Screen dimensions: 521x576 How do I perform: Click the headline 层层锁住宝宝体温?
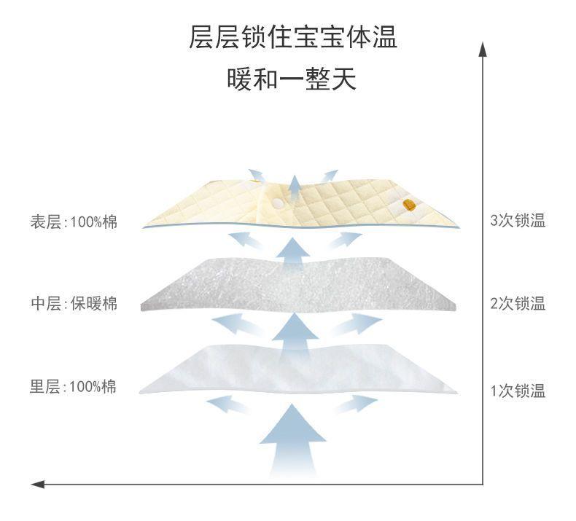pyautogui.click(x=292, y=37)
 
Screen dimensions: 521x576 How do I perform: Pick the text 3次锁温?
pyautogui.click(x=518, y=221)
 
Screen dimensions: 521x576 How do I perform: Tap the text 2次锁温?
pyautogui.click(x=518, y=304)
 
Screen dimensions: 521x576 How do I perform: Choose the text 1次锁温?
pyautogui.click(x=518, y=391)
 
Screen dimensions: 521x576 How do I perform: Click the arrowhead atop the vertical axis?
pyautogui.click(x=482, y=48)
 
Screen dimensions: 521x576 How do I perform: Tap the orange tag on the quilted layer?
pyautogui.click(x=410, y=206)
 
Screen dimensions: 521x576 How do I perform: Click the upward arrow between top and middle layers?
pyautogui.click(x=294, y=248)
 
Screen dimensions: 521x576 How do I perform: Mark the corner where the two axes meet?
pyautogui.click(x=482, y=483)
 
